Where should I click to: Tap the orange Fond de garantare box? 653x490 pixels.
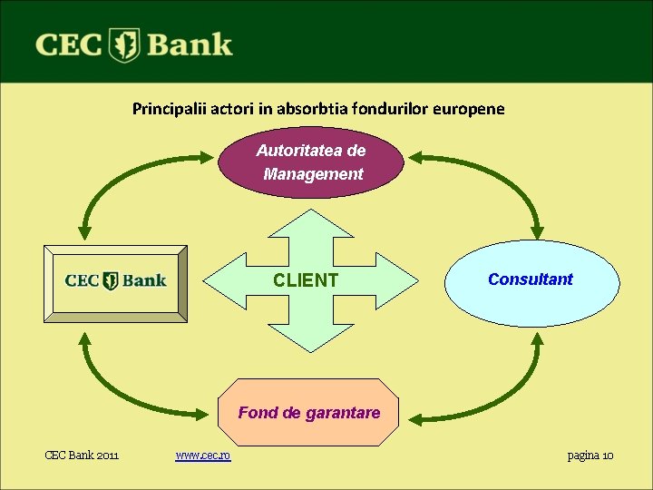308,413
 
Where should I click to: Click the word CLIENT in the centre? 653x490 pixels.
306,280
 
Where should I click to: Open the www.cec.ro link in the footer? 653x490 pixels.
203,455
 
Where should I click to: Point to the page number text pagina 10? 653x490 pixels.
590,455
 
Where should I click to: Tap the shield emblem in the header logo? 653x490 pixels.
123,45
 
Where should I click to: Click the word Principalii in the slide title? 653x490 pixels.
170,109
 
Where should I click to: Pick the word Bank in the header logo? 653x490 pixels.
189,44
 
